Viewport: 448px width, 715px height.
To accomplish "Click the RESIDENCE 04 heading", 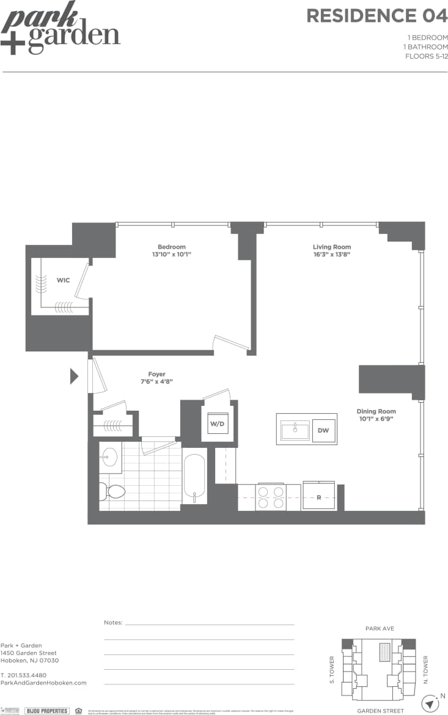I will click(376, 16).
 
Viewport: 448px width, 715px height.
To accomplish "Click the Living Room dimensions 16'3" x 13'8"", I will click(332, 255).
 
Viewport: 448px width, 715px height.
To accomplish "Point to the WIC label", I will click(63, 280).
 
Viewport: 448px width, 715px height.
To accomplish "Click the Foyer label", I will click(156, 374).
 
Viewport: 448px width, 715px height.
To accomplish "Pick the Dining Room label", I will click(376, 411).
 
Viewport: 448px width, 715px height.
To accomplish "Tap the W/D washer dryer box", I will click(217, 423).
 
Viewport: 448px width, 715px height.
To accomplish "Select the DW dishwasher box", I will click(323, 430).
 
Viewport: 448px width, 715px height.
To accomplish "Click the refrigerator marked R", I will click(319, 497).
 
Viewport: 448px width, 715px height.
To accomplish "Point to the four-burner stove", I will click(270, 497).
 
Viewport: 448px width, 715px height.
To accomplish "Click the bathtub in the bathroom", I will click(195, 478).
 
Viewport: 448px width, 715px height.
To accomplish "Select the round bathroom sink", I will click(110, 456).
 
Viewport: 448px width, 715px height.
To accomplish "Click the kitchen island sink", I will click(295, 430).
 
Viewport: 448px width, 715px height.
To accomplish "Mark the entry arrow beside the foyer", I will click(75, 376).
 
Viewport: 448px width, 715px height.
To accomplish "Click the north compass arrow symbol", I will click(431, 704).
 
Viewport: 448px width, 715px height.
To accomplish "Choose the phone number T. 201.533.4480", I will click(23, 675).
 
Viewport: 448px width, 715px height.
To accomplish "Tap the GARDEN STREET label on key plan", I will click(380, 711).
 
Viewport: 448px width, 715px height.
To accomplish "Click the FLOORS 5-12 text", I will click(426, 56).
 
